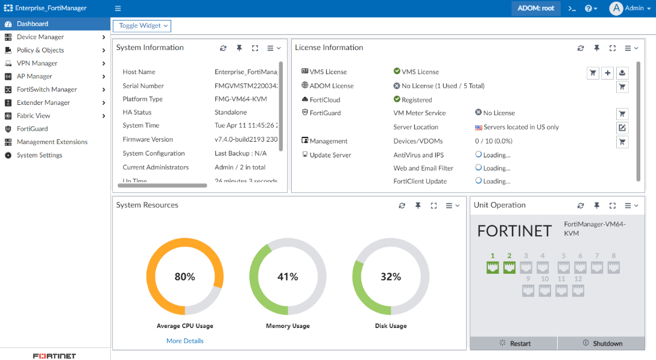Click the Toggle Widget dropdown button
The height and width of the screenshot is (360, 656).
tap(142, 26)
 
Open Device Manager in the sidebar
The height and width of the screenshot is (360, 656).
tap(40, 37)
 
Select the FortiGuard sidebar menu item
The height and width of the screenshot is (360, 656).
tap(32, 129)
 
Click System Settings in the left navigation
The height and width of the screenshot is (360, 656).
tap(39, 156)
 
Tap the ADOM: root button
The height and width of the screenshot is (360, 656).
tap(535, 8)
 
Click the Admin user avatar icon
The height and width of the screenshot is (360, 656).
tap(616, 8)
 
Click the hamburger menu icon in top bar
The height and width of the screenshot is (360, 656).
tap(118, 8)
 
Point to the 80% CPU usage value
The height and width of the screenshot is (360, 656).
tap(184, 277)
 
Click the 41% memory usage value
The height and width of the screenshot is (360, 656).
tap(288, 277)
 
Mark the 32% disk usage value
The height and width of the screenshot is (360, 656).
tap(391, 277)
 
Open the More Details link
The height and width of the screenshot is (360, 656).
tap(185, 341)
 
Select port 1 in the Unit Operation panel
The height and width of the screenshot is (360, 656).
tap(493, 268)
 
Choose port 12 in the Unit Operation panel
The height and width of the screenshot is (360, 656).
tap(578, 291)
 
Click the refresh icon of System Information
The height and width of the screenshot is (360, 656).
tap(223, 48)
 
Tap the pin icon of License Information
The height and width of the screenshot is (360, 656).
tap(596, 48)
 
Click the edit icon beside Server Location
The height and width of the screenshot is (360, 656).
tap(622, 128)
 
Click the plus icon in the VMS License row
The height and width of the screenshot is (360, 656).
tap(608, 73)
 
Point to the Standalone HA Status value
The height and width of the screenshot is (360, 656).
tap(232, 113)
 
